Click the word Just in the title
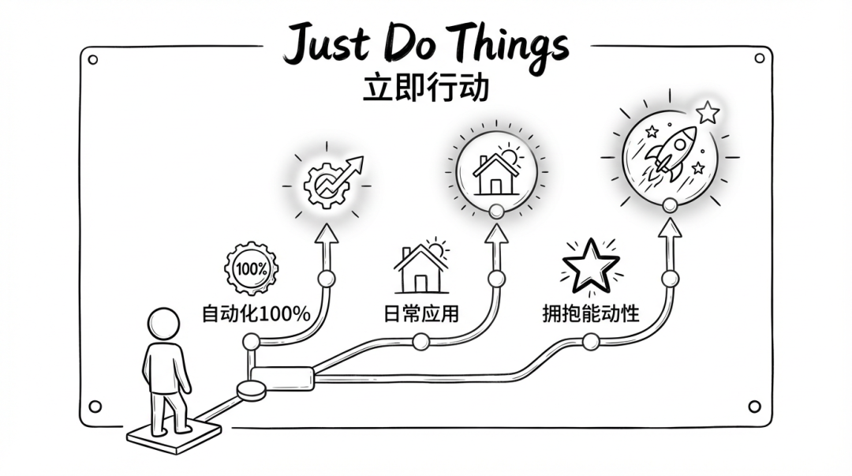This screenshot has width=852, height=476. tap(327, 43)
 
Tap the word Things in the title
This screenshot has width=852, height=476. tap(507, 46)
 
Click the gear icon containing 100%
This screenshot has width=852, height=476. tap(251, 268)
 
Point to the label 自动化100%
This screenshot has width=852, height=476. tap(256, 314)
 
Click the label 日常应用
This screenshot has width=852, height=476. tap(421, 314)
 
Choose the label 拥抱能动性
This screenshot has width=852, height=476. tap(591, 314)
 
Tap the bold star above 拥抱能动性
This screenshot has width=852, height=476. tap(591, 267)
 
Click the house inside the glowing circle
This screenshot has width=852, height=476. tap(495, 174)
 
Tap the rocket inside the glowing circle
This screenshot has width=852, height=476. tap(671, 153)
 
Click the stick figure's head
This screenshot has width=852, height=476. tap(163, 324)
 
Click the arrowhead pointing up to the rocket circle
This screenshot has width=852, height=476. tap(670, 227)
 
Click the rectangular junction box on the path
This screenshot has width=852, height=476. tap(282, 379)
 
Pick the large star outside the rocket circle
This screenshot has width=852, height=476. tap(708, 113)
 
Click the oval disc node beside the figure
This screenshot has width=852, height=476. tap(251, 391)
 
